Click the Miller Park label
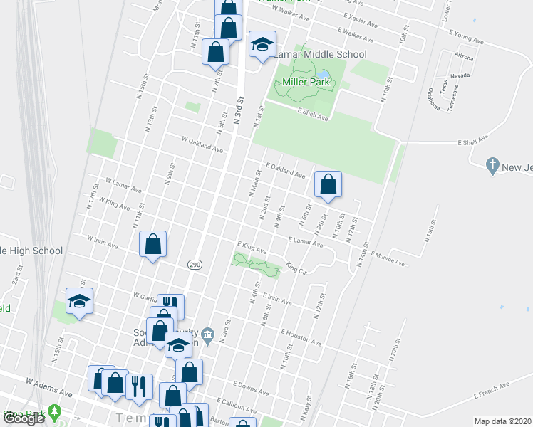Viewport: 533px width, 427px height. click(306, 83)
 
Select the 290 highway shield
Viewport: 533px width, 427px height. click(194, 264)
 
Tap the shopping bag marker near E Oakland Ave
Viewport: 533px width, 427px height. click(328, 185)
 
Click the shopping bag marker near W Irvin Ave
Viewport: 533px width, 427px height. click(153, 245)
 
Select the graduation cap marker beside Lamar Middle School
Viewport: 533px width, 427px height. click(262, 44)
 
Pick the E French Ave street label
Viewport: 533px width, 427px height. click(492, 390)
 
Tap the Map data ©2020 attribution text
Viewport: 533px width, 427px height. click(502, 421)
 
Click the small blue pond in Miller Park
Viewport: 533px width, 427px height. click(324, 74)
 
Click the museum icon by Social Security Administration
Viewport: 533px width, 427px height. click(207, 334)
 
